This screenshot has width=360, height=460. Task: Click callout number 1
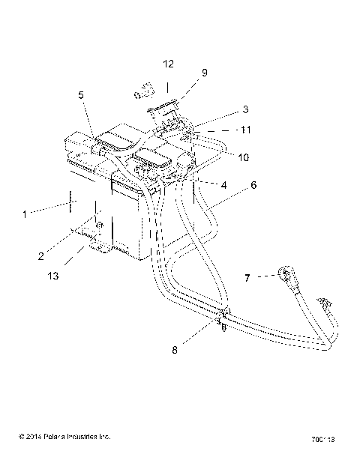pos(24,214)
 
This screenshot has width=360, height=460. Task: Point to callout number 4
pos(223,185)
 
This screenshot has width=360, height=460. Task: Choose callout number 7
pos(248,279)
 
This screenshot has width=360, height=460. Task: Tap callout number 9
pos(203,73)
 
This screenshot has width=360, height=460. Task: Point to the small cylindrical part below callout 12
pos(142,92)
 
